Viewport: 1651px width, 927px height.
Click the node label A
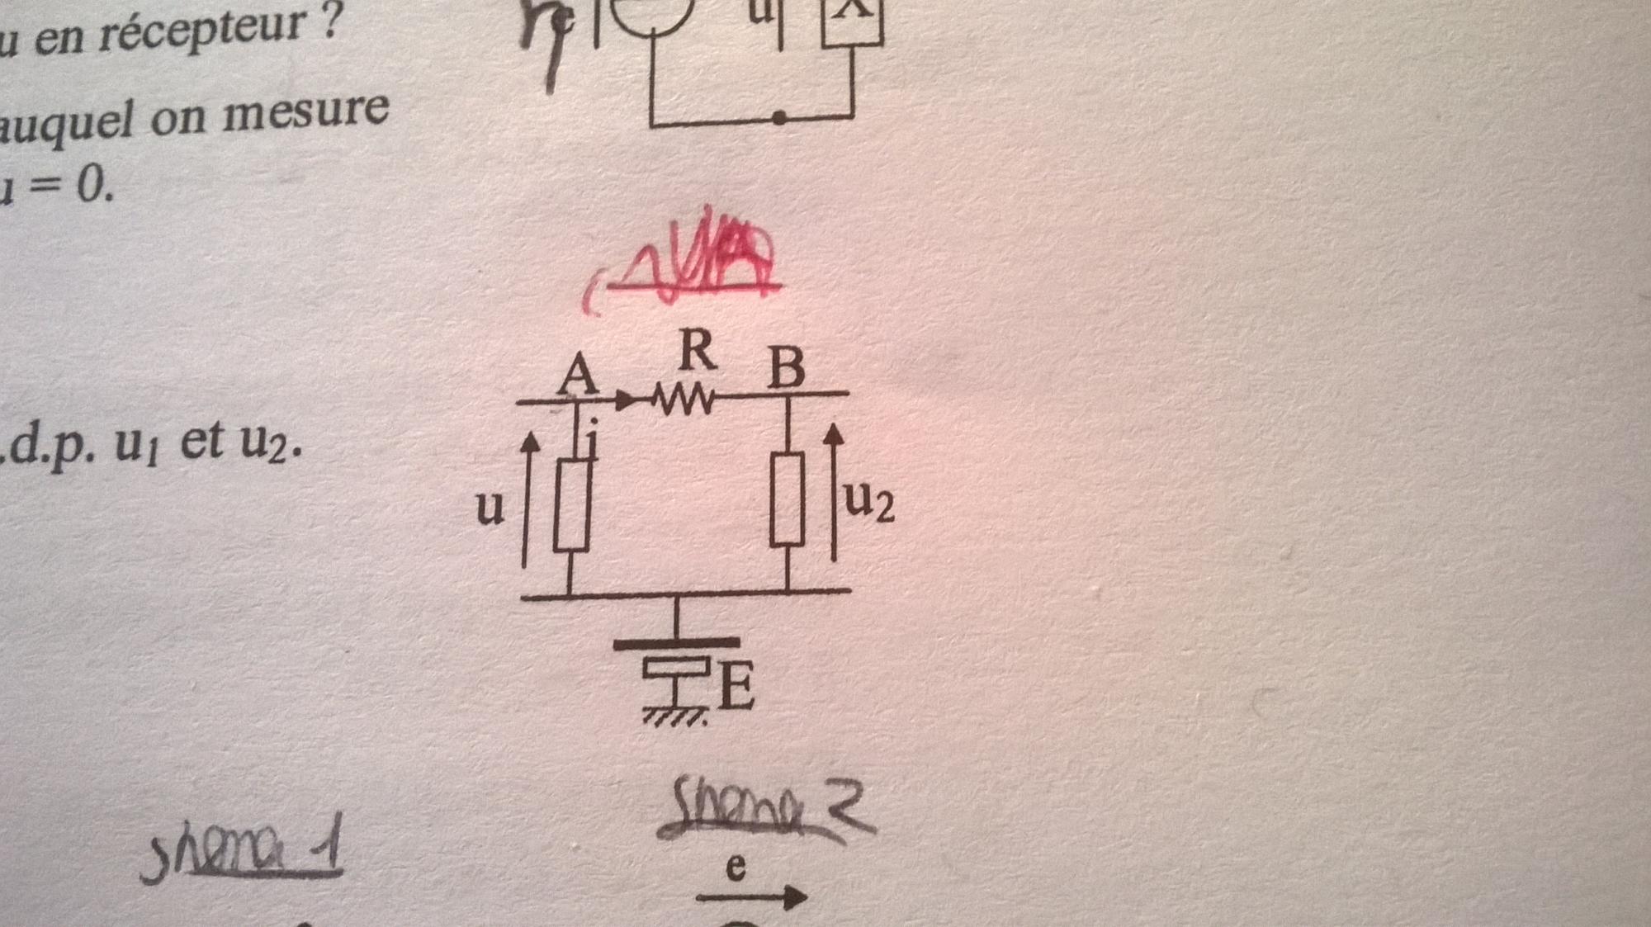[x=578, y=376]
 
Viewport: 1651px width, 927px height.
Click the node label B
[x=786, y=368]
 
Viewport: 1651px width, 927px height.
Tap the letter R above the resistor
[x=698, y=350]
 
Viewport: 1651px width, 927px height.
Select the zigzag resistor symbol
[x=684, y=400]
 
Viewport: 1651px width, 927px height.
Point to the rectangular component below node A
[x=571, y=505]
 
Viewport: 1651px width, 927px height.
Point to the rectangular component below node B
[x=788, y=499]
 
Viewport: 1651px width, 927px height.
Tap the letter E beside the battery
[x=736, y=686]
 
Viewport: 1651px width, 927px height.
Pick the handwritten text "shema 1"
[x=242, y=854]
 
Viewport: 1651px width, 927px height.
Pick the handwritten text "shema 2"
[x=767, y=806]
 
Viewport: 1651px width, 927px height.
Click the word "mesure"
[x=305, y=112]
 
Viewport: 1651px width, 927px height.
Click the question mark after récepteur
[x=330, y=23]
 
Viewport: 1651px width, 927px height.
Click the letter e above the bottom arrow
[x=736, y=867]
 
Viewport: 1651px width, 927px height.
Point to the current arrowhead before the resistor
[x=627, y=401]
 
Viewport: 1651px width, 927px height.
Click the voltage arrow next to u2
[x=835, y=492]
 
